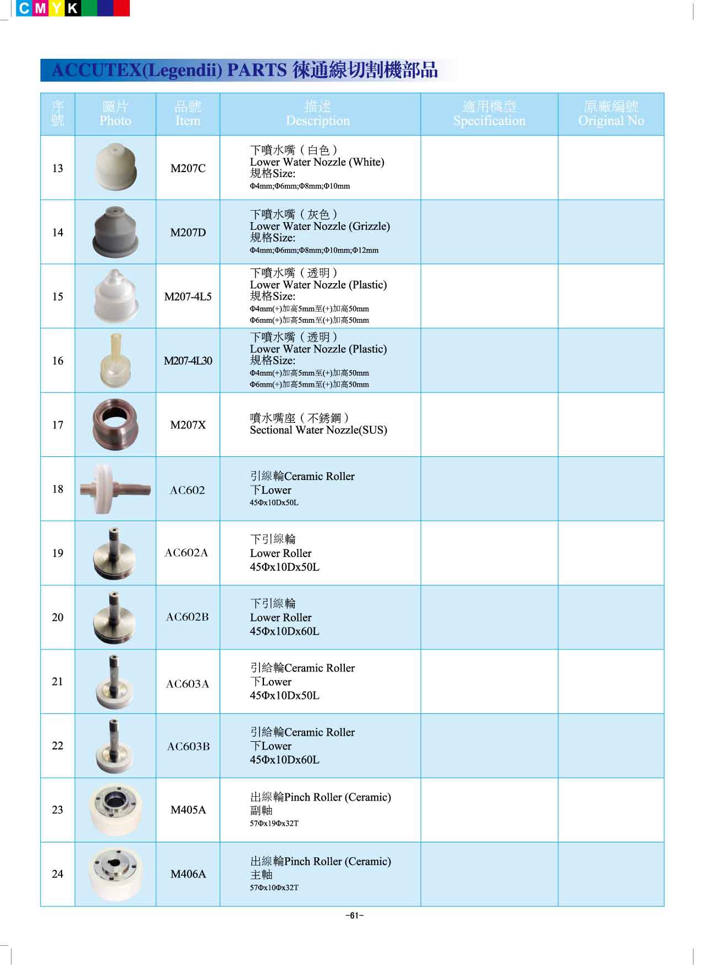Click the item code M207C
pyautogui.click(x=188, y=168)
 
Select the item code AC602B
pyautogui.click(x=188, y=617)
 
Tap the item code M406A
pyautogui.click(x=188, y=874)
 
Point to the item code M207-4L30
pyautogui.click(x=188, y=361)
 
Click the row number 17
pyautogui.click(x=58, y=425)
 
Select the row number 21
pyautogui.click(x=58, y=681)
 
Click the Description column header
pyautogui.click(x=318, y=114)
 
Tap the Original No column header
pyautogui.click(x=611, y=114)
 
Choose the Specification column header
pyautogui.click(x=489, y=114)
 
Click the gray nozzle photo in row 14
pyautogui.click(x=115, y=231)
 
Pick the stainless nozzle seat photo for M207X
pyautogui.click(x=115, y=424)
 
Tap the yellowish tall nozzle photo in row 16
pyautogui.click(x=114, y=360)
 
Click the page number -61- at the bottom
pyautogui.click(x=355, y=916)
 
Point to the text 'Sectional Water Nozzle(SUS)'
pyautogui.click(x=318, y=430)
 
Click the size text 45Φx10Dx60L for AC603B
pyautogui.click(x=284, y=760)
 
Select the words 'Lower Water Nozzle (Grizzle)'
pyautogui.click(x=320, y=226)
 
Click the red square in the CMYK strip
pyautogui.click(x=122, y=8)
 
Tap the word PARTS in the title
pyautogui.click(x=257, y=70)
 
